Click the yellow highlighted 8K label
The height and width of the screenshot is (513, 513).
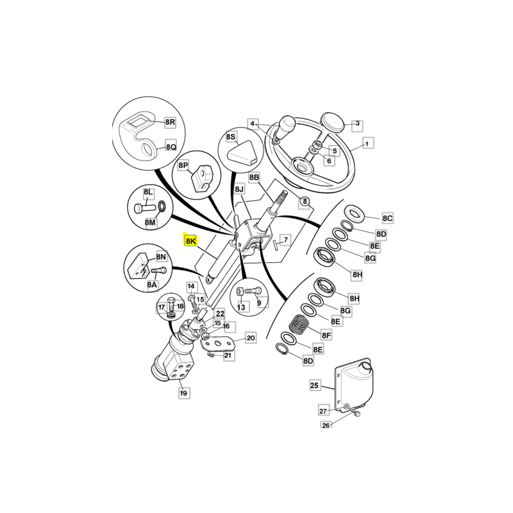[190, 240]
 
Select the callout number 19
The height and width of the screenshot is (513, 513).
[183, 392]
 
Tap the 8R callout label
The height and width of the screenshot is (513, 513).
[170, 122]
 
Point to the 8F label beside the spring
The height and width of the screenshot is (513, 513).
[326, 335]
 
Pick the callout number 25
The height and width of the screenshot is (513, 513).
[314, 385]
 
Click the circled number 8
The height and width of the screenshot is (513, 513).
[305, 201]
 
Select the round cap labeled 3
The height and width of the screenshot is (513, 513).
[332, 122]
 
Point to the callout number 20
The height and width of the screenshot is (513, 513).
[251, 338]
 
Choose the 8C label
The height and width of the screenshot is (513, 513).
[387, 218]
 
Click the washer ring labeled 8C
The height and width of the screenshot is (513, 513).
[354, 214]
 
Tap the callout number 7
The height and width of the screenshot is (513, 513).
[285, 240]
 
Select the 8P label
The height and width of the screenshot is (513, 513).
[183, 165]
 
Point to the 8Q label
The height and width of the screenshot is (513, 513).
[171, 147]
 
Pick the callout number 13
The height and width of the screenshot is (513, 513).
[241, 307]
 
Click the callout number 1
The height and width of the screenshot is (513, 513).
[367, 144]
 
